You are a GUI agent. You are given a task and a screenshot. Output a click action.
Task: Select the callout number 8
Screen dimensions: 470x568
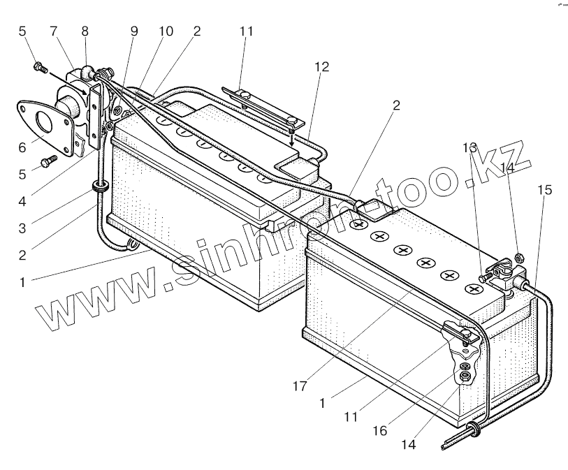coord(85,31)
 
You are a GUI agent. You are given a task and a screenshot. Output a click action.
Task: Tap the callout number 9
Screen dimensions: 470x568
coord(134,31)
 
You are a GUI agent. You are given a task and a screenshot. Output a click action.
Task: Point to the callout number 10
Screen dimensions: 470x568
coord(166,31)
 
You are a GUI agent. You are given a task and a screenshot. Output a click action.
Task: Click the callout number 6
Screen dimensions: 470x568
coord(22,148)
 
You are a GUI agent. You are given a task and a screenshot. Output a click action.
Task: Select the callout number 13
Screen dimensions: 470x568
coord(469,148)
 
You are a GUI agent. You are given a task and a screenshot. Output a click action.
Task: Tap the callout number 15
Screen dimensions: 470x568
coord(545,189)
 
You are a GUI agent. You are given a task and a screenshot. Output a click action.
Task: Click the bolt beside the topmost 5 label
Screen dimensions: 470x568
coord(38,68)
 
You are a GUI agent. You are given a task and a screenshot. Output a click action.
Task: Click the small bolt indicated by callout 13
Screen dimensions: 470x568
coord(483,278)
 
